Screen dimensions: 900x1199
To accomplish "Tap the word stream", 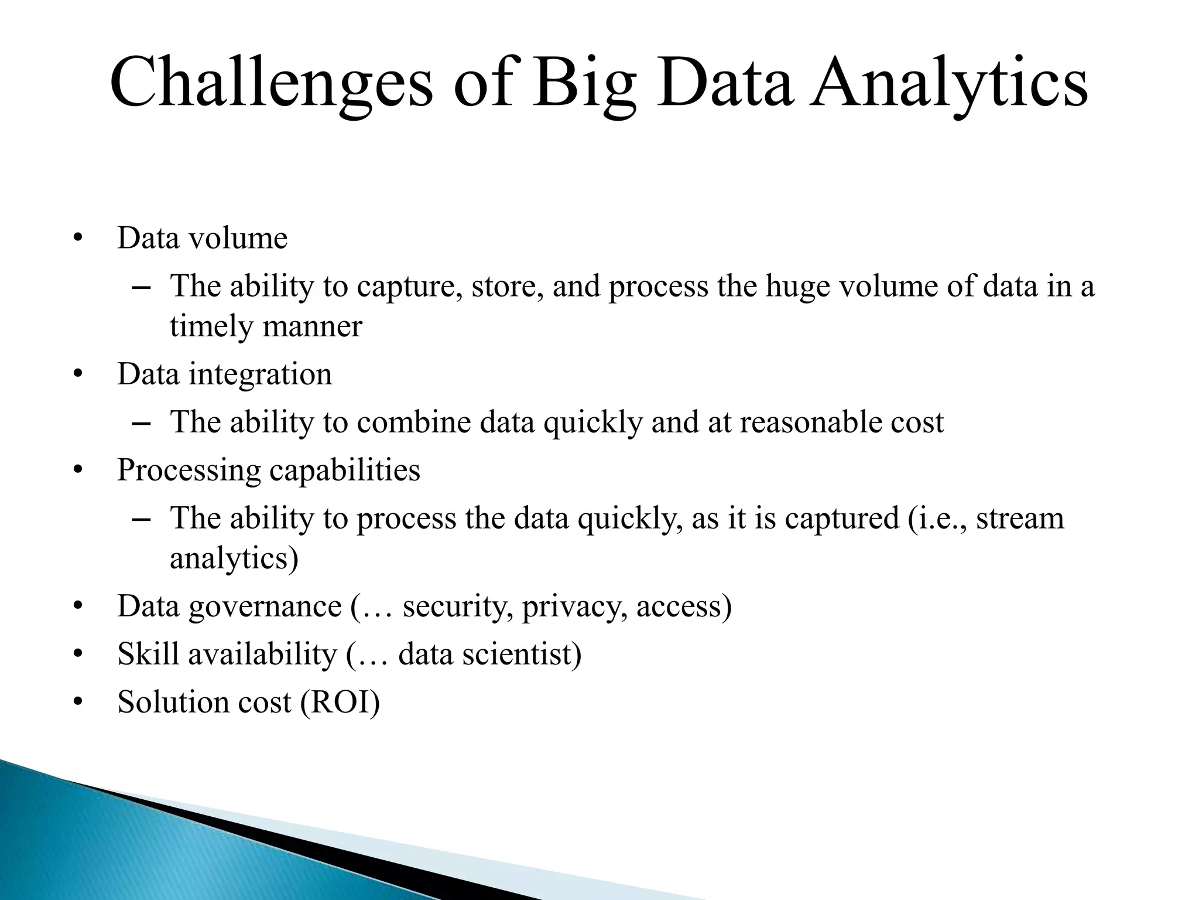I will (1020, 519).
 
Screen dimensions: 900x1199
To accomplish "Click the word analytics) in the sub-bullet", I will (234, 559).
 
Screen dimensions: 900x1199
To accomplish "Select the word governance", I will (265, 607).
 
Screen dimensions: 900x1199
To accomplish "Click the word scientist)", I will (522, 654).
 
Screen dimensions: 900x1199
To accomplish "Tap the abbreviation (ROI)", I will (340, 703).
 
